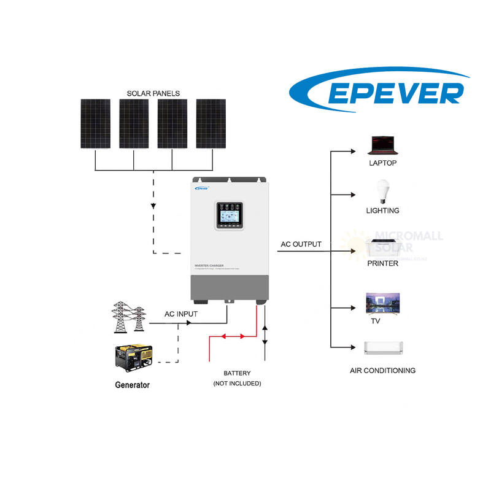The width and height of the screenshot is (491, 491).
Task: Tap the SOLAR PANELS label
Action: pos(153,93)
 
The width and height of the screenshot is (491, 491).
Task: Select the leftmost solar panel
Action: pos(95,123)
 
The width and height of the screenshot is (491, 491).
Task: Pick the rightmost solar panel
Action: pos(211,123)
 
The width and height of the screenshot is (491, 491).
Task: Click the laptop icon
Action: pos(383,145)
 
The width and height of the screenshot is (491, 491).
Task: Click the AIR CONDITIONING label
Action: pos(382,371)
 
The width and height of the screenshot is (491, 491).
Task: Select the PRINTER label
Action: pos(383,263)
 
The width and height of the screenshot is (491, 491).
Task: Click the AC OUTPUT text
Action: pos(301,244)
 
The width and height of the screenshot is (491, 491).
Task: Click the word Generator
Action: pos(132,385)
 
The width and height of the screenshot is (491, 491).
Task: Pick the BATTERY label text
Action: pos(237,373)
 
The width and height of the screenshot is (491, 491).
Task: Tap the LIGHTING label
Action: pos(382,211)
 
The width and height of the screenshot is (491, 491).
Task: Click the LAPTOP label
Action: pos(383,163)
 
